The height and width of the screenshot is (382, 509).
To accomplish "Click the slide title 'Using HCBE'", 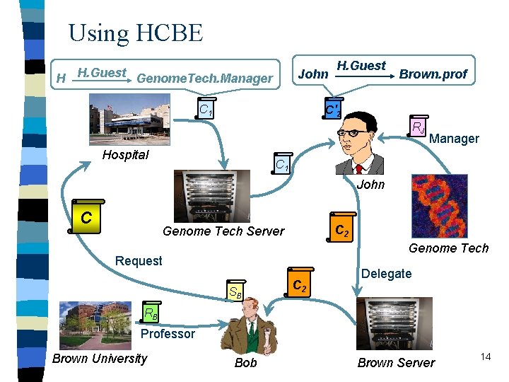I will coord(135,33).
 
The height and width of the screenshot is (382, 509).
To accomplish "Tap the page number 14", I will coord(485,357).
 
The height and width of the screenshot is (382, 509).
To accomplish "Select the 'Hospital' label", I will coord(125,155).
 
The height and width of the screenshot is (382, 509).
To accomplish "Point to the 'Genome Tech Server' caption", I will coord(223,231).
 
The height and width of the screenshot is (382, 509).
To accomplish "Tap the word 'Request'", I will coord(139,260).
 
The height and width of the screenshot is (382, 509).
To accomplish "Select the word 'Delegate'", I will coord(386,273).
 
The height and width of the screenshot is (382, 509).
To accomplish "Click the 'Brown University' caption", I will coord(100,358).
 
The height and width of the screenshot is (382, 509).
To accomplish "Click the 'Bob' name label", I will coord(245,363).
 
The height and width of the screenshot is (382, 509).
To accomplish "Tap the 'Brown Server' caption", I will coord(397,363).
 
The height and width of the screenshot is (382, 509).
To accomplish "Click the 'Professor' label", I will coord(168,333).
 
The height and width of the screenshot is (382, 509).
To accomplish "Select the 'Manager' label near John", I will coord(454,139).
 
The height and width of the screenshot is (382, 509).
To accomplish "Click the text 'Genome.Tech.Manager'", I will coord(204,79).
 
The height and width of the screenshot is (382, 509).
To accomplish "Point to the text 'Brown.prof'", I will coord(433,74).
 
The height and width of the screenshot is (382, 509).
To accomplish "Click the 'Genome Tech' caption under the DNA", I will coord(448,248).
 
